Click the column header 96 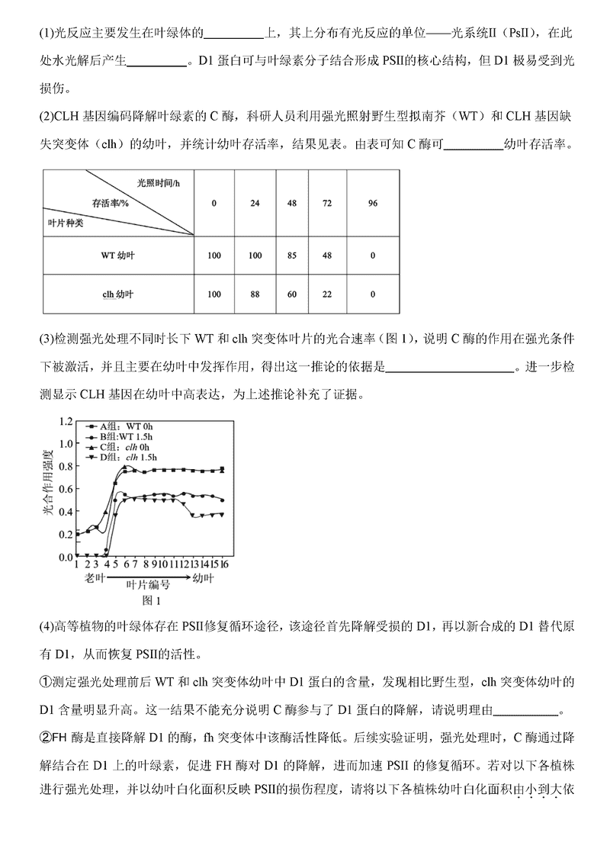coord(372,203)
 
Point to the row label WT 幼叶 coord(118,255)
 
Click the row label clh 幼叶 coord(118,294)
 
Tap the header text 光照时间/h coord(159,184)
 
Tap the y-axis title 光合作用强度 coord(47,488)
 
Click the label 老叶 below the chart coord(95,579)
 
